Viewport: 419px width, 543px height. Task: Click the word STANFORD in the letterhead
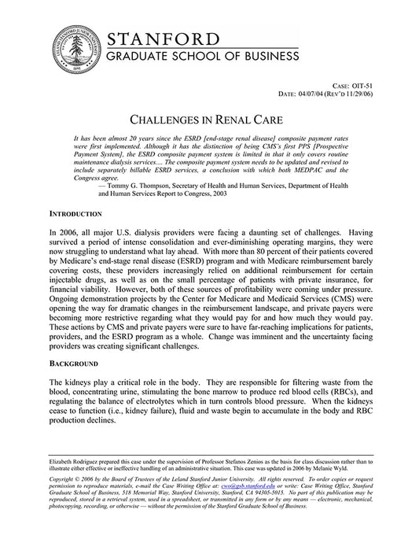(x=163, y=40)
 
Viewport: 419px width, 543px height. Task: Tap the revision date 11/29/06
(x=373, y=94)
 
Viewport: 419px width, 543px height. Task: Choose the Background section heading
(x=73, y=364)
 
